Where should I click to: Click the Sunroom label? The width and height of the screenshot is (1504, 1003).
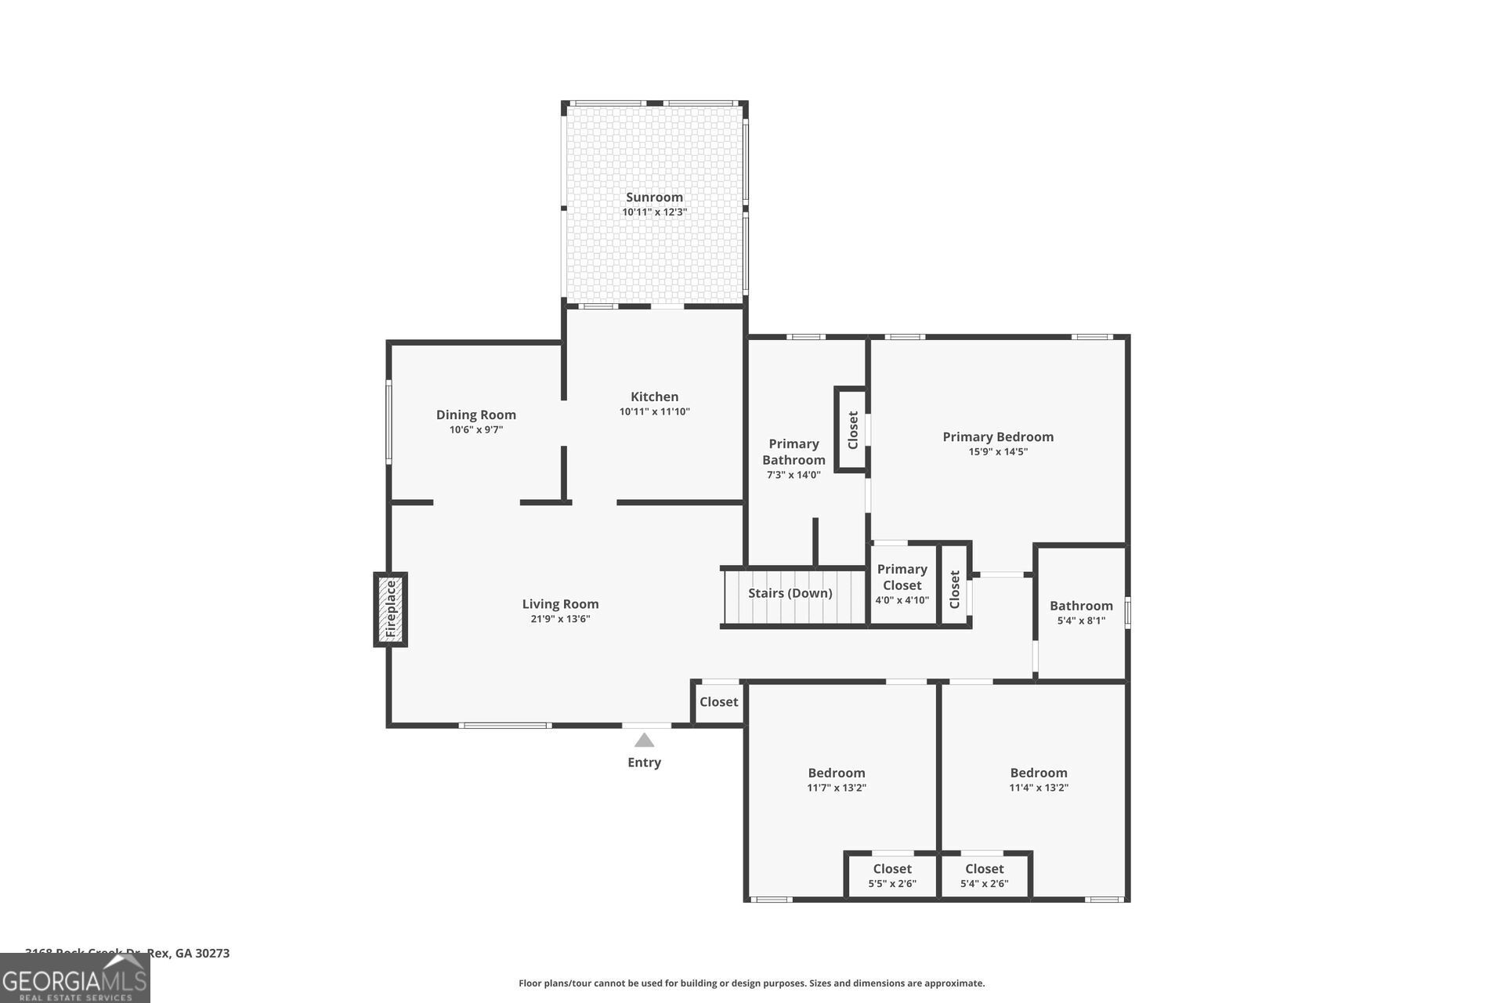pyautogui.click(x=654, y=197)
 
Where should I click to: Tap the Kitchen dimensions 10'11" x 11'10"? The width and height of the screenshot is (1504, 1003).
pyautogui.click(x=654, y=411)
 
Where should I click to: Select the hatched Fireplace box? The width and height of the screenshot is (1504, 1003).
pyautogui.click(x=390, y=610)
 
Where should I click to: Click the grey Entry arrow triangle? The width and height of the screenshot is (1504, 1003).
pyautogui.click(x=644, y=740)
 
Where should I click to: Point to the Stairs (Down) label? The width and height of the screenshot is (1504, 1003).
pyautogui.click(x=790, y=593)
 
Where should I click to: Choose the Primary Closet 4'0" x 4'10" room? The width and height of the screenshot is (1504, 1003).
pyautogui.click(x=902, y=585)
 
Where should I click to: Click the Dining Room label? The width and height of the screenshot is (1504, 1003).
pyautogui.click(x=475, y=415)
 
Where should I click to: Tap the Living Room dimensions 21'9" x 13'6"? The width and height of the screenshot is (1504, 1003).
pyautogui.click(x=560, y=619)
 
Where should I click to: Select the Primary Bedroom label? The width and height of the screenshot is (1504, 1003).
pyautogui.click(x=997, y=436)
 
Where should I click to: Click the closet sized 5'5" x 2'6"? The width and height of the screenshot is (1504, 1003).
pyautogui.click(x=891, y=875)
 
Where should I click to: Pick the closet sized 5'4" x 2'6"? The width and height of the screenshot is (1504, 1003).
pyautogui.click(x=984, y=875)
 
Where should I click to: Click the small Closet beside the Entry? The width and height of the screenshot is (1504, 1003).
pyautogui.click(x=718, y=702)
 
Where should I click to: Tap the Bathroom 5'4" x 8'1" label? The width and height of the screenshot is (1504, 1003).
pyautogui.click(x=1081, y=606)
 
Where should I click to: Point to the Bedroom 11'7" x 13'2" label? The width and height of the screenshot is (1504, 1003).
pyautogui.click(x=837, y=773)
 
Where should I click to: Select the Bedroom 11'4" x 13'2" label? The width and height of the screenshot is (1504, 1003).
pyautogui.click(x=1038, y=773)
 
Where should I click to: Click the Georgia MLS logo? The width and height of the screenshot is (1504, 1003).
pyautogui.click(x=75, y=979)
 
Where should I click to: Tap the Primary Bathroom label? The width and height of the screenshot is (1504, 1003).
pyautogui.click(x=794, y=452)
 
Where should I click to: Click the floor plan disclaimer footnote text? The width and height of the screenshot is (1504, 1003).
pyautogui.click(x=751, y=983)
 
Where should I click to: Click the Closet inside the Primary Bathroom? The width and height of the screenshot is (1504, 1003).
pyautogui.click(x=852, y=429)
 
